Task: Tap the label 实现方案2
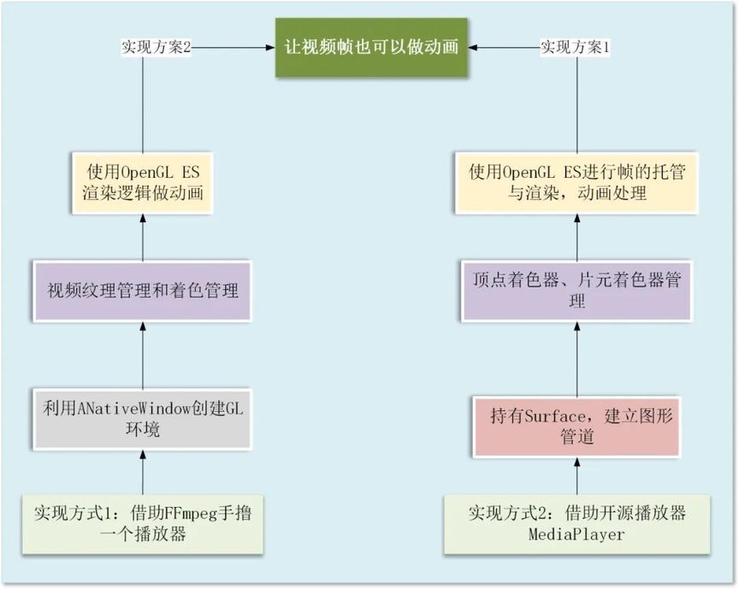click(x=154, y=47)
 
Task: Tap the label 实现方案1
click(x=575, y=47)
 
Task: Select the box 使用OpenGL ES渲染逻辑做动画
click(x=143, y=182)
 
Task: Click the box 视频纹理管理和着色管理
click(x=142, y=291)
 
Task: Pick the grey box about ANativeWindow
click(x=142, y=417)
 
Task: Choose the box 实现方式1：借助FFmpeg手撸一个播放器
click(x=143, y=523)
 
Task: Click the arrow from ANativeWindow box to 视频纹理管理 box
click(x=143, y=354)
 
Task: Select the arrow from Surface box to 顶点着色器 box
click(x=576, y=360)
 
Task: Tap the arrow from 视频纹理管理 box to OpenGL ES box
click(x=143, y=237)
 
